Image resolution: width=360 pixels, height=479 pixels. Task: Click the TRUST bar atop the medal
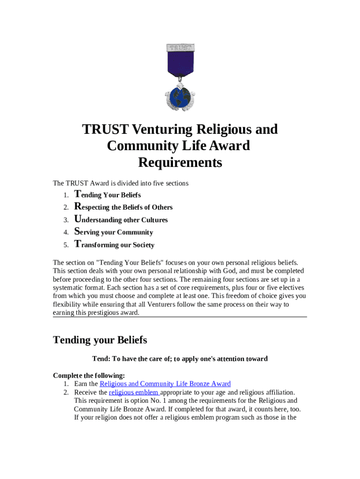click(180, 47)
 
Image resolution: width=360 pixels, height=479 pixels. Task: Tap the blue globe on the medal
click(180, 97)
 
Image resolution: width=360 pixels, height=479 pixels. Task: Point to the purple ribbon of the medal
click(180, 65)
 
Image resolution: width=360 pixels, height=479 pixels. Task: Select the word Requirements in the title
click(180, 163)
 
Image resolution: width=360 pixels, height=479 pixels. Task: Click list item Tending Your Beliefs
click(108, 195)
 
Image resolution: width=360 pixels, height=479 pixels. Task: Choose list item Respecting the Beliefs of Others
click(123, 207)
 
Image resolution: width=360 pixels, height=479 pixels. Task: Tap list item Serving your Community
click(114, 232)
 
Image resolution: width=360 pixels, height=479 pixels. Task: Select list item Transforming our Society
click(115, 245)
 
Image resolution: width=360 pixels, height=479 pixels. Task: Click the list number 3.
click(66, 220)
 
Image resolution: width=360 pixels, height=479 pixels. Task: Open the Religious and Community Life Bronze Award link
click(165, 384)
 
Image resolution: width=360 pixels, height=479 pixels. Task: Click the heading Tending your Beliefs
click(100, 340)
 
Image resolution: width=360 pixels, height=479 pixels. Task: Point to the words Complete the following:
click(89, 376)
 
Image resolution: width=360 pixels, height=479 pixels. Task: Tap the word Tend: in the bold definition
click(101, 359)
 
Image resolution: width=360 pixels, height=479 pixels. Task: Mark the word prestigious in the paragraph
click(101, 313)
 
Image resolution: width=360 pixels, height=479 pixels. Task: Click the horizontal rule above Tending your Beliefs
click(180, 317)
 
